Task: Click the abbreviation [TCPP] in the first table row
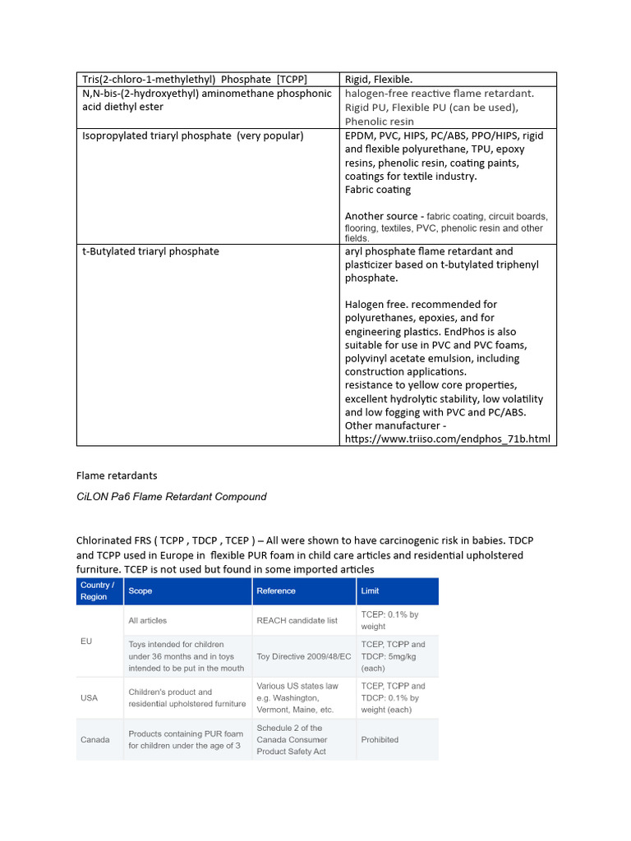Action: coord(290,79)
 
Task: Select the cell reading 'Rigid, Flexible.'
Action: coord(379,79)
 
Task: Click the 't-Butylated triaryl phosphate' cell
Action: coord(150,251)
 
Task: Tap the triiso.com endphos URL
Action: coord(447,439)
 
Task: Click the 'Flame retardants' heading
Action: coord(117,476)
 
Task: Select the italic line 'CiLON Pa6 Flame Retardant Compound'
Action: coord(172,497)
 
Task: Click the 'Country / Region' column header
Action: coord(98,591)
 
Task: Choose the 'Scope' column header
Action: coord(140,591)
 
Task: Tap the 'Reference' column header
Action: coord(276,591)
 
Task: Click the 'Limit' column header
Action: coord(370,591)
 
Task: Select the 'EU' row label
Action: coord(87,641)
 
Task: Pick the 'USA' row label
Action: coord(89,697)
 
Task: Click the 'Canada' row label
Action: coord(95,739)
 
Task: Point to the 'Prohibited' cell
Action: coord(380,739)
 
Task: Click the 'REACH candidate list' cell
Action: coord(297,620)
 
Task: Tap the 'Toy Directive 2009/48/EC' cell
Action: coord(303,656)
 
